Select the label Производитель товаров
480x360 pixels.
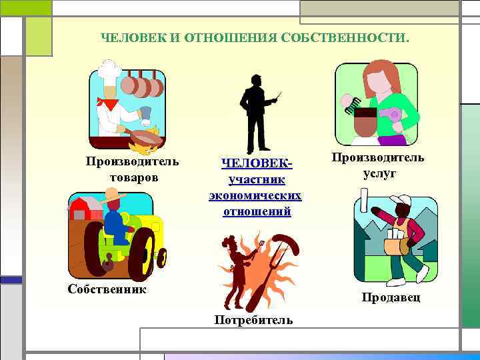pyautogui.click(x=133, y=169)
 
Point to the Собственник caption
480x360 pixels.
pyautogui.click(x=107, y=289)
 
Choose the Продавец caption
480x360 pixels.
pyautogui.click(x=391, y=297)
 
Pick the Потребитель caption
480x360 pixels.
pyautogui.click(x=253, y=319)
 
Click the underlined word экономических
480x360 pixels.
pyautogui.click(x=255, y=196)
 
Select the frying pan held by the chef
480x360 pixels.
pyautogui.click(x=144, y=137)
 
